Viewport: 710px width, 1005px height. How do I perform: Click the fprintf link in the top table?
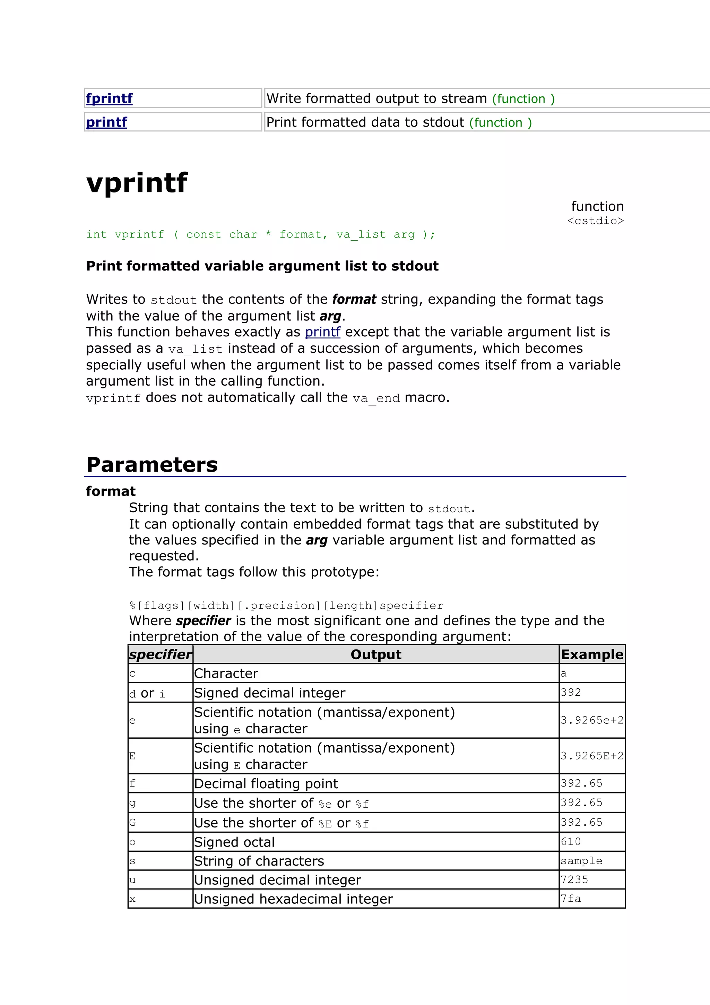109,98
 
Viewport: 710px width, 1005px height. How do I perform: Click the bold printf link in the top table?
106,122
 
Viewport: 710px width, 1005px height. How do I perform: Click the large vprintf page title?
137,182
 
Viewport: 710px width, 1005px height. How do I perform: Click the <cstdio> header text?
595,221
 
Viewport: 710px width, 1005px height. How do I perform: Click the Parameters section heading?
152,465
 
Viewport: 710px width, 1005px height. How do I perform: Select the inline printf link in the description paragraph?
322,332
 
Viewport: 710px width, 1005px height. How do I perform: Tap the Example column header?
592,654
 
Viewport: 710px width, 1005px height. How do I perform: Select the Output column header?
376,654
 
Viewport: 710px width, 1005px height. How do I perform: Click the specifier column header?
160,654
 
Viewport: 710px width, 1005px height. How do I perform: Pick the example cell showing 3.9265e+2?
592,720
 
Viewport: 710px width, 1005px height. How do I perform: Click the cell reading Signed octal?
234,842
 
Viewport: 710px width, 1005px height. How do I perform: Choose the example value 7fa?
571,899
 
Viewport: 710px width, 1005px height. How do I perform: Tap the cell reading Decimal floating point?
266,783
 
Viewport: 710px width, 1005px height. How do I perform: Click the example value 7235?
574,879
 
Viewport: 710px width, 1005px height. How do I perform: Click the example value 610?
571,841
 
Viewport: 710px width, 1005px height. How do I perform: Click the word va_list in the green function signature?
361,235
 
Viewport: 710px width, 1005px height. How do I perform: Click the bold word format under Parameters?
111,491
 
